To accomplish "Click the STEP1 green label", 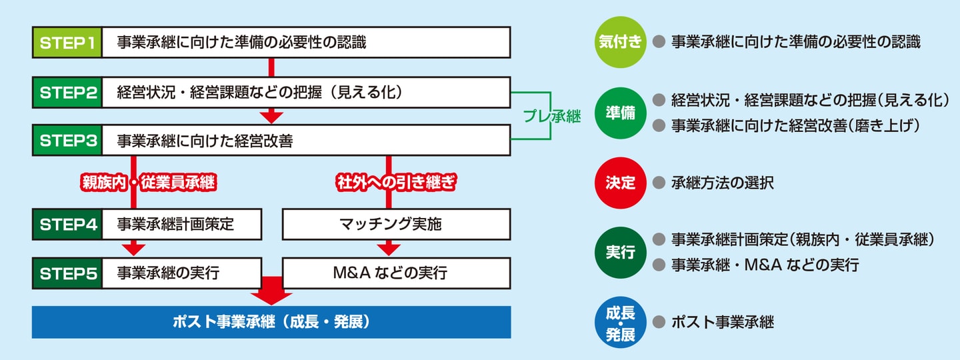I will pyautogui.click(x=67, y=43).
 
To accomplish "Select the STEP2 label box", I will pyautogui.click(x=67, y=93).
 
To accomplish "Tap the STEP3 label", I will pyautogui.click(x=67, y=141).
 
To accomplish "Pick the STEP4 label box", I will pyautogui.click(x=67, y=224).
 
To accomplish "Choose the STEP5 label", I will pyautogui.click(x=67, y=273).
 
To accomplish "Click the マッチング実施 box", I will pyautogui.click(x=396, y=224).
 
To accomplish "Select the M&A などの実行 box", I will pyautogui.click(x=396, y=273).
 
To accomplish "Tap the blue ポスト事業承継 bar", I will pyautogui.click(x=271, y=322).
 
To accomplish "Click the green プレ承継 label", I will pyautogui.click(x=551, y=117).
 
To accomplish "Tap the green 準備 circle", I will pyautogui.click(x=621, y=113).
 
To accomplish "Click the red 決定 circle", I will pyautogui.click(x=621, y=183).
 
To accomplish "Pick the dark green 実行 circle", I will pyautogui.click(x=621, y=253).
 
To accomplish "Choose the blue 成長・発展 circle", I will pyautogui.click(x=621, y=323).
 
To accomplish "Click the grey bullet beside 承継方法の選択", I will pyautogui.click(x=659, y=183).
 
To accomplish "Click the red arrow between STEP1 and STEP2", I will pyautogui.click(x=271, y=67).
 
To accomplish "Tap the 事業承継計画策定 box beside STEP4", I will pyautogui.click(x=181, y=224).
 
